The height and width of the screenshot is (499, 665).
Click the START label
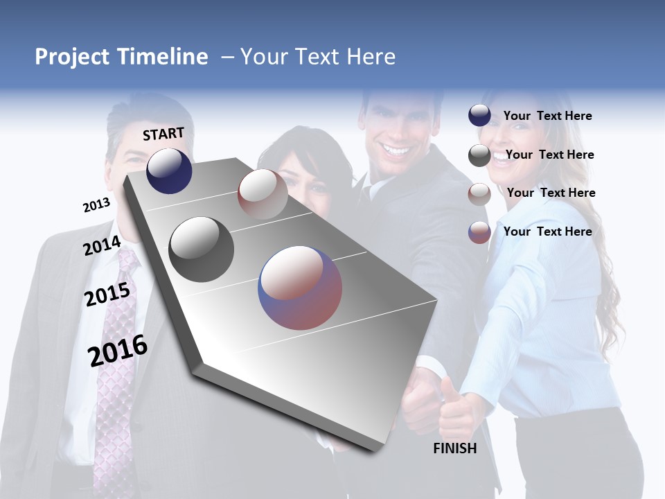163,134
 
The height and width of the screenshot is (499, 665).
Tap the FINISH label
455,448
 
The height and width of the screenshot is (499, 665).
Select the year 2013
96,205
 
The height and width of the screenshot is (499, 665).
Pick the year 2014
103,245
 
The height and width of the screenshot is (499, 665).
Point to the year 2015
107,295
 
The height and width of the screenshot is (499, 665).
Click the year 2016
118,351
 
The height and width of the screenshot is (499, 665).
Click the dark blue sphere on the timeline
169,170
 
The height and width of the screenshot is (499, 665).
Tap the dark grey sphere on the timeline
201,249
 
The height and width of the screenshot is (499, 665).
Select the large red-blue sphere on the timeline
300,288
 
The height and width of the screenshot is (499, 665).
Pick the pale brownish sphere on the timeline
263,193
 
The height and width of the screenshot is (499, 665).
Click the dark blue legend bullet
479,116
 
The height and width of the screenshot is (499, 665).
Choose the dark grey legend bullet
479,155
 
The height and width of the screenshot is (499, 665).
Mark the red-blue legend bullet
479,232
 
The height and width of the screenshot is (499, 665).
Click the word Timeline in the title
163,57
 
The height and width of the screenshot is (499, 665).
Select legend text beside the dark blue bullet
547,116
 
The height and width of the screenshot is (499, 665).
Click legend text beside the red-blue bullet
547,231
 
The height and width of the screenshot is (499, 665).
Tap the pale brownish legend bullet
479,194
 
